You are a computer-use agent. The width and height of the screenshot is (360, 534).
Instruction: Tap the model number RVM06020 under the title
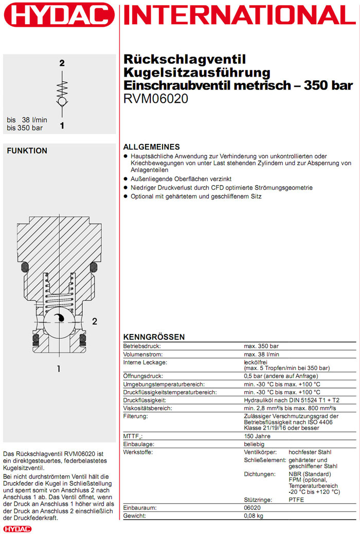point(156,98)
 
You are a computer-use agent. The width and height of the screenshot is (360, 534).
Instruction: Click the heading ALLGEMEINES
point(152,146)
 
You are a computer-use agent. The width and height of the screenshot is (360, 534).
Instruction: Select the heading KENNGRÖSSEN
point(154,337)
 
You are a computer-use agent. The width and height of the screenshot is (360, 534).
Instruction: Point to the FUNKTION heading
point(27,151)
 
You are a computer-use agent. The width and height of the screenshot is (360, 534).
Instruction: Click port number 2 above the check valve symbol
point(62,64)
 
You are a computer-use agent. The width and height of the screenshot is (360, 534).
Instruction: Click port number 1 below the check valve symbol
point(62,125)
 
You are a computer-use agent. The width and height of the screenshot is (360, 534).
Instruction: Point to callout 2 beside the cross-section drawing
point(95,322)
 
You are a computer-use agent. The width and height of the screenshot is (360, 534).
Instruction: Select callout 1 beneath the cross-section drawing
point(59,369)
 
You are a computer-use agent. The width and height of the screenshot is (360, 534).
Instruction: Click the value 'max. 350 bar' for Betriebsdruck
point(261,346)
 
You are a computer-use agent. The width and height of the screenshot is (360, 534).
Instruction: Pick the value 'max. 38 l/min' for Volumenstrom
point(262,354)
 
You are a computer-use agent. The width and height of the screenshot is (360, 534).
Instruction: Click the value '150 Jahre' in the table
point(257,436)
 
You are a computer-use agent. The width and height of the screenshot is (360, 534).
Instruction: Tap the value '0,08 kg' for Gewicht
point(255,515)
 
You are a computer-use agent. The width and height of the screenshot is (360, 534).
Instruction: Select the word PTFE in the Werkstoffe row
point(297,500)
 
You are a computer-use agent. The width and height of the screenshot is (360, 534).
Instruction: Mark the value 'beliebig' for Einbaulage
point(254,444)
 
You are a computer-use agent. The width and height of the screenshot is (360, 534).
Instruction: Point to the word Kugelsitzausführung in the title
point(196,72)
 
